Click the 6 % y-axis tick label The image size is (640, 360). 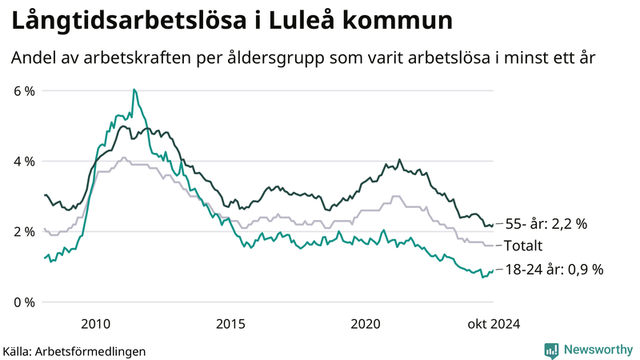(24, 91)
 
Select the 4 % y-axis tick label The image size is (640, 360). (24, 162)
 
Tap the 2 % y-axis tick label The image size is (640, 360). (24, 232)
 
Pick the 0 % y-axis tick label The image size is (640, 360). (24, 302)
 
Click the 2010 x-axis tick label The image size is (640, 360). (96, 324)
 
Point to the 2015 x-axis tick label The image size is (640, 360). (230, 324)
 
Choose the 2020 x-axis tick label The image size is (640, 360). (366, 324)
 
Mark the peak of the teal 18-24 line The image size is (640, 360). (134, 90)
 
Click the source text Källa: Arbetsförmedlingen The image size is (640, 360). (74, 350)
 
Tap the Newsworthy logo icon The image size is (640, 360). (551, 350)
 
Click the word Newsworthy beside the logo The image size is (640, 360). (598, 350)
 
